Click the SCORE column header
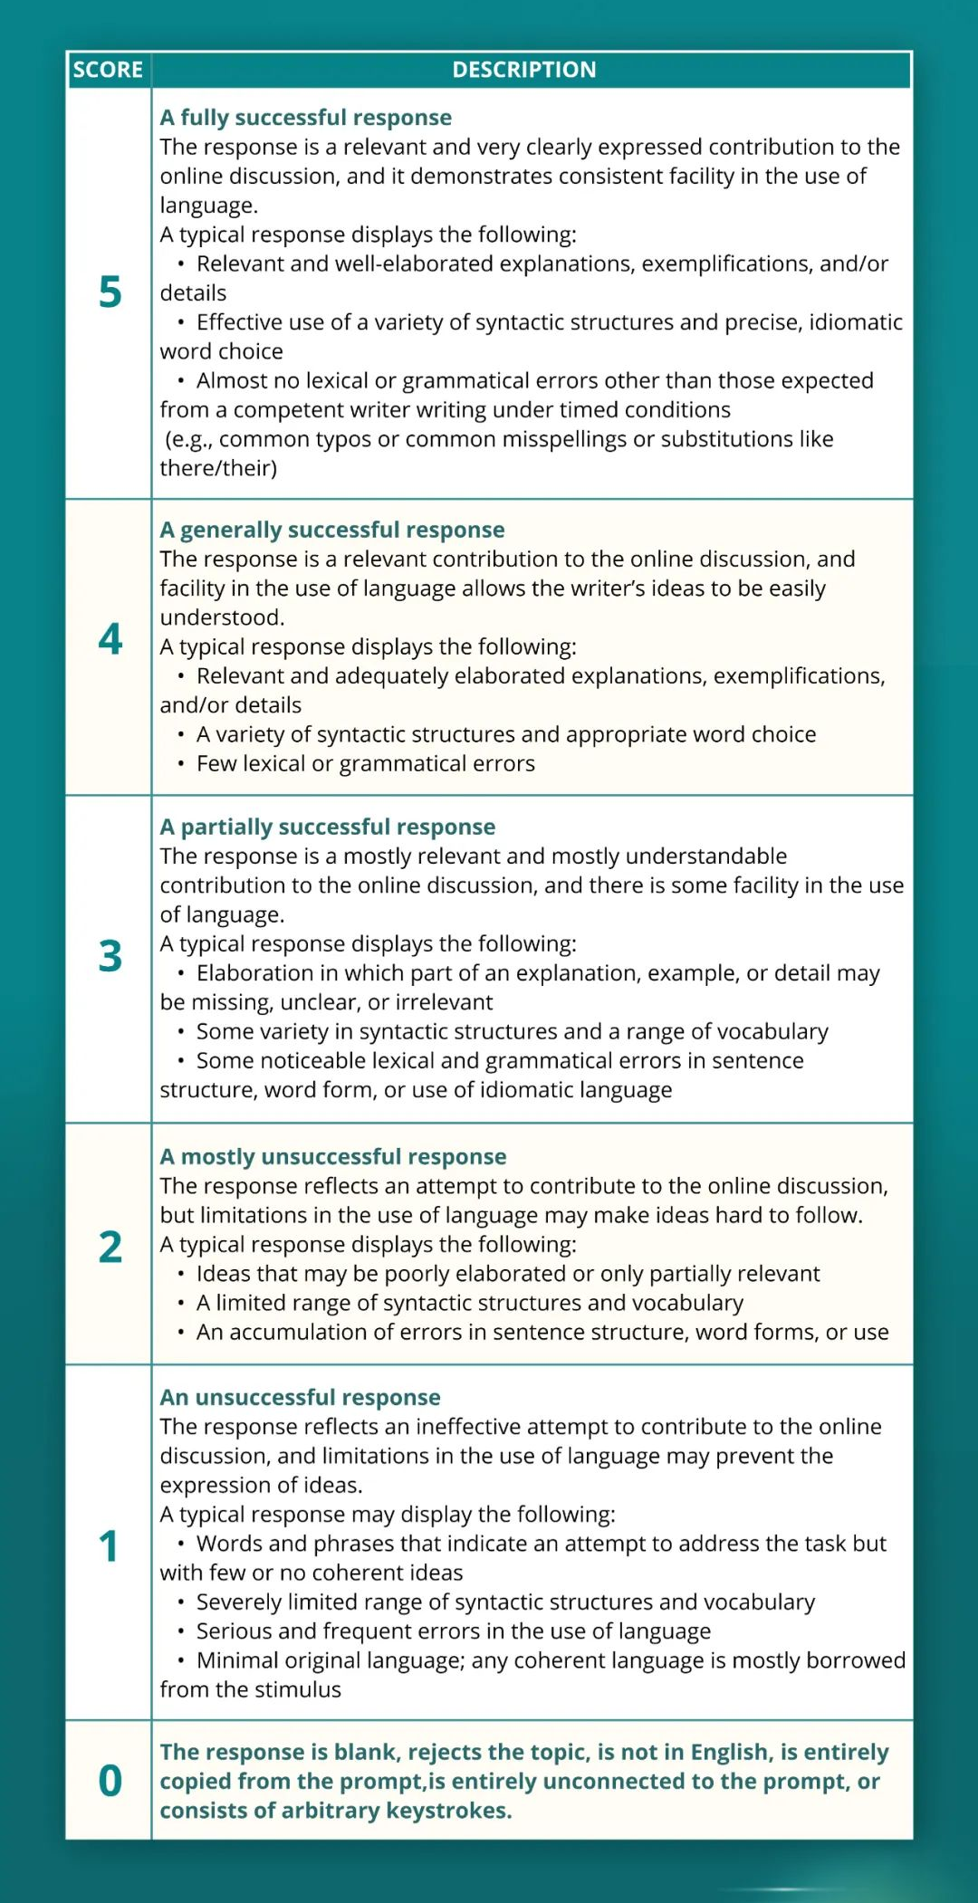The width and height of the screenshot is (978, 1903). (108, 70)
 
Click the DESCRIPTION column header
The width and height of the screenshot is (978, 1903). (524, 70)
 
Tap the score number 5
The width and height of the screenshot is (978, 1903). (110, 292)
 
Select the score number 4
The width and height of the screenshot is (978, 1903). (110, 639)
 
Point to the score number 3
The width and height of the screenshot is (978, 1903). (110, 956)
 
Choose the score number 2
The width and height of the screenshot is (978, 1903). (110, 1247)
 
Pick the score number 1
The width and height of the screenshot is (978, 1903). (109, 1546)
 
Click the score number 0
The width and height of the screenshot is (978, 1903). (110, 1781)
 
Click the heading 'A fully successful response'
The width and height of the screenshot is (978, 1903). (305, 118)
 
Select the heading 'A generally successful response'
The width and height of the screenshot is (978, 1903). (332, 530)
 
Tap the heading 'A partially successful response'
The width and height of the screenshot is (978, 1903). (327, 827)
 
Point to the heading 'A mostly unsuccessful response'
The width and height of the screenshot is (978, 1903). (332, 1157)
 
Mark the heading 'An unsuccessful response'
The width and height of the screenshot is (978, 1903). (300, 1397)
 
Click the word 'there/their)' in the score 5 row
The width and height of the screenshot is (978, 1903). (218, 468)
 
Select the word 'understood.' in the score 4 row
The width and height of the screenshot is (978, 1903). (222, 617)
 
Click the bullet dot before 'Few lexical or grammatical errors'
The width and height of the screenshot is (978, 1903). (181, 764)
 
